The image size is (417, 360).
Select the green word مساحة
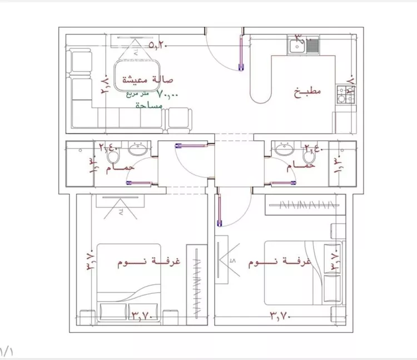point(150,105)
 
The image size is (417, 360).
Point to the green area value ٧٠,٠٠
point(167,95)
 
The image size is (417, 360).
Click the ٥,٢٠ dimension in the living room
point(158,45)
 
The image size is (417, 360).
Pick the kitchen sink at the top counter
point(304,44)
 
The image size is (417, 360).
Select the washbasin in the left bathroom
point(137,149)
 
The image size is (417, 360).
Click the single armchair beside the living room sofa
point(180,119)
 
